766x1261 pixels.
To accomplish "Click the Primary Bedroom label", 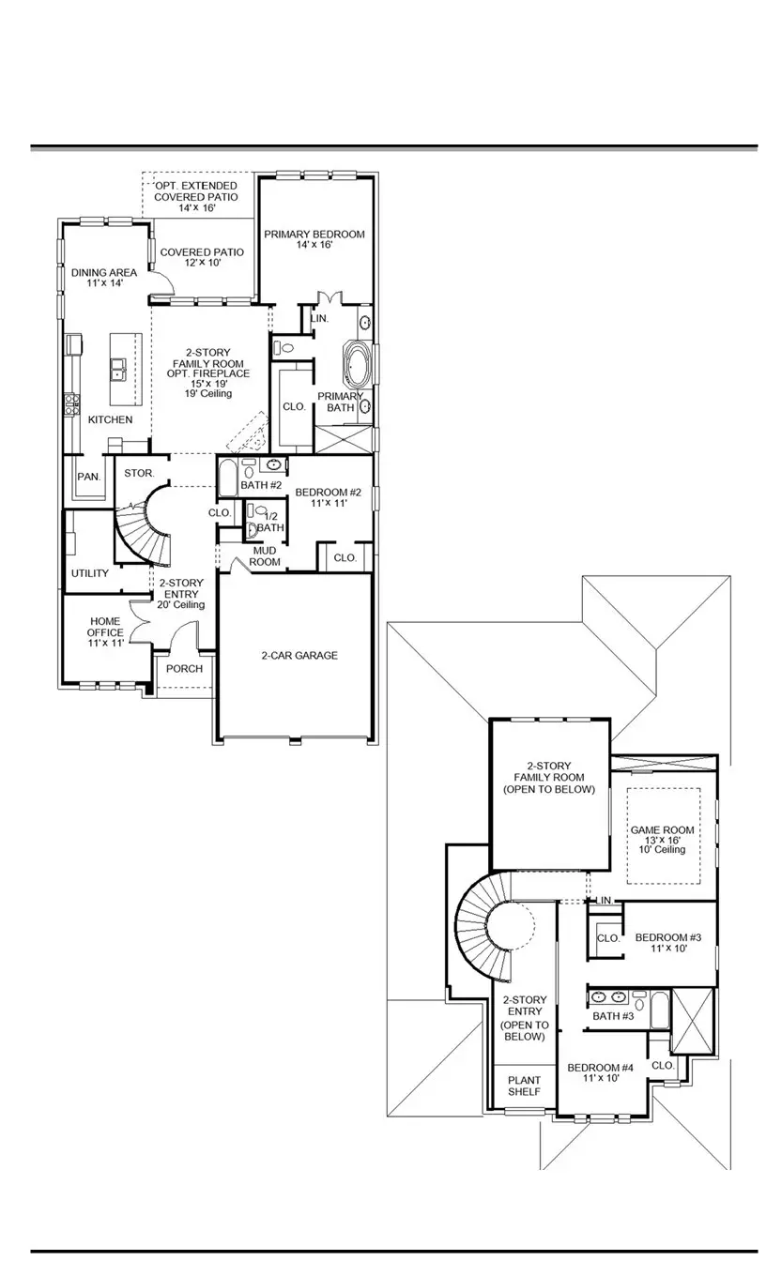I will (314, 240).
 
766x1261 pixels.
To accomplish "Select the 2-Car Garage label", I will (299, 656).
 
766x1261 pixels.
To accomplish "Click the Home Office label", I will (106, 632).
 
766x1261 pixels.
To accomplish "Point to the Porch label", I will (184, 669).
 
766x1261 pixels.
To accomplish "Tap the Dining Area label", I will (104, 278).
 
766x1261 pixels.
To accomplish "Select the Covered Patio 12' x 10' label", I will (202, 258).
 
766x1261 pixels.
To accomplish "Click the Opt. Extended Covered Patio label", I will (196, 197).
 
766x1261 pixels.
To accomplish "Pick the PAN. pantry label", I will (88, 477).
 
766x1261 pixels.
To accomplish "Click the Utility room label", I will (90, 573).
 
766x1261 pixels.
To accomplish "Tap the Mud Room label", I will (265, 556).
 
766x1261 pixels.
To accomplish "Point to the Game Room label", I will (664, 837).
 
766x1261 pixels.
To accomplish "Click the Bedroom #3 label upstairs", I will (668, 943).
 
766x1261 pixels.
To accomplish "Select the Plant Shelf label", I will (525, 1086).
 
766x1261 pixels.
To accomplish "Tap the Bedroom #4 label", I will (601, 1073).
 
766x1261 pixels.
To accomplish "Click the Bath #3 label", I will (613, 1016).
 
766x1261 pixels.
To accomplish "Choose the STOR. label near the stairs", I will (139, 473).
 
